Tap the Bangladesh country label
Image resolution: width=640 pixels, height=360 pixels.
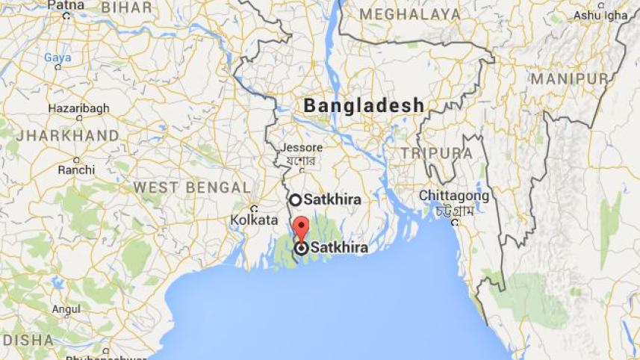364,106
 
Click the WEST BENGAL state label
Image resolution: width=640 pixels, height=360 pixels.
192,187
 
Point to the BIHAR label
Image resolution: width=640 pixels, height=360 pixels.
126,7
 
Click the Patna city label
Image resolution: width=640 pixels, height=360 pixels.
66,4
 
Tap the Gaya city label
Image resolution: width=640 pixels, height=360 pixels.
57,58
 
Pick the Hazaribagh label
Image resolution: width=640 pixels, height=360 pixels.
78,108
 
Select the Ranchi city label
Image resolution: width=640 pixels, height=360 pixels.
76,170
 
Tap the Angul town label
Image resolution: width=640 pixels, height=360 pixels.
66,308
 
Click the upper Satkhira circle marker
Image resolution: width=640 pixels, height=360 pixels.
295,199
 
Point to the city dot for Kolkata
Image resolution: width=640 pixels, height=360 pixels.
254,208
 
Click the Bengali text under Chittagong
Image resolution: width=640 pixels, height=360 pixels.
455,211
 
